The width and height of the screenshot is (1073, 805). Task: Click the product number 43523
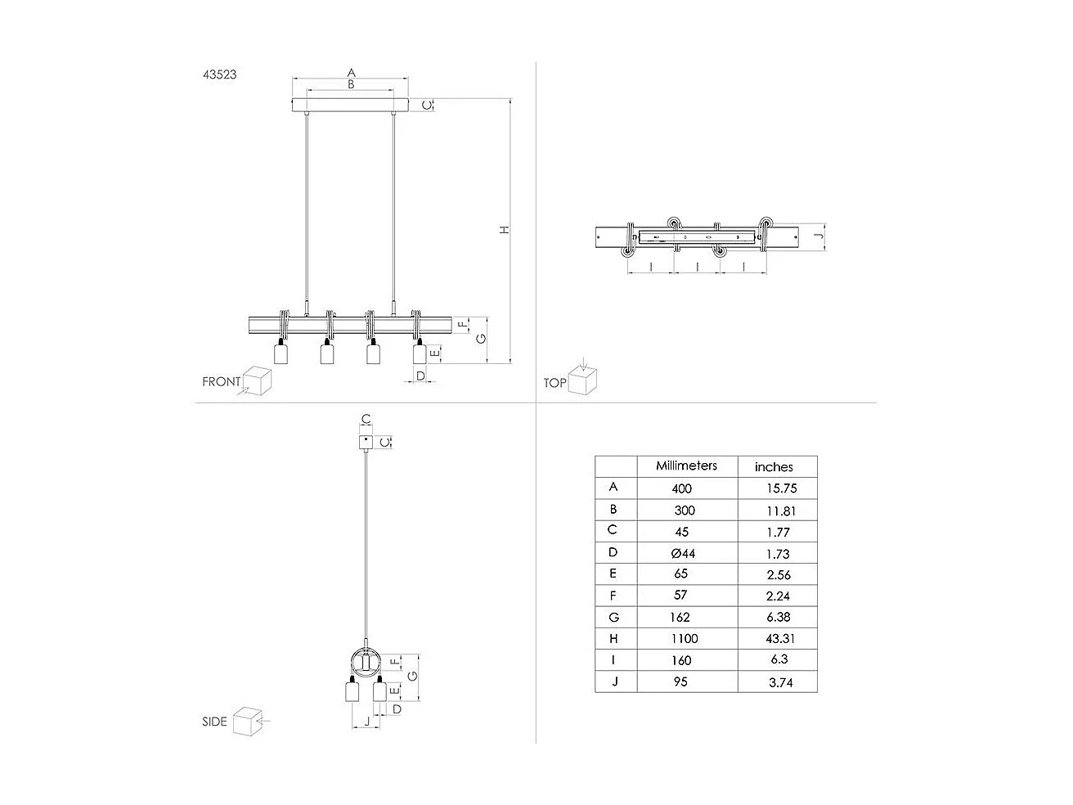(220, 74)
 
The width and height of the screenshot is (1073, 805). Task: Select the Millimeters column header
(686, 465)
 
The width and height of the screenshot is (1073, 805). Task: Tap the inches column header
(774, 467)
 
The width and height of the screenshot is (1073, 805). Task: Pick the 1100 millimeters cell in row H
(682, 638)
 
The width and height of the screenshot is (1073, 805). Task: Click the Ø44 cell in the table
(682, 553)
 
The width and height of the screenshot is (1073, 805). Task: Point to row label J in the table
(614, 681)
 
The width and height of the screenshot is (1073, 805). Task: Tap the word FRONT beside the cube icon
(222, 381)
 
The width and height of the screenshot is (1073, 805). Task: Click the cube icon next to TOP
(584, 380)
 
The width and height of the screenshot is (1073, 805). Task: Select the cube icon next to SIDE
(246, 721)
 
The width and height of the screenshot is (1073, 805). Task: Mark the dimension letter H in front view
(505, 230)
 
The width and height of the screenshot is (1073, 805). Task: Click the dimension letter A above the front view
(351, 73)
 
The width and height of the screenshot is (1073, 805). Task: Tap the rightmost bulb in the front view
(419, 353)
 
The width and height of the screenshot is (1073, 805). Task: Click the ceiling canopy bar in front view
(351, 106)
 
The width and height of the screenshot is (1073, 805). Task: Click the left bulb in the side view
(352, 692)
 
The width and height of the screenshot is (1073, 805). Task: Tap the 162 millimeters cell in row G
(680, 617)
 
